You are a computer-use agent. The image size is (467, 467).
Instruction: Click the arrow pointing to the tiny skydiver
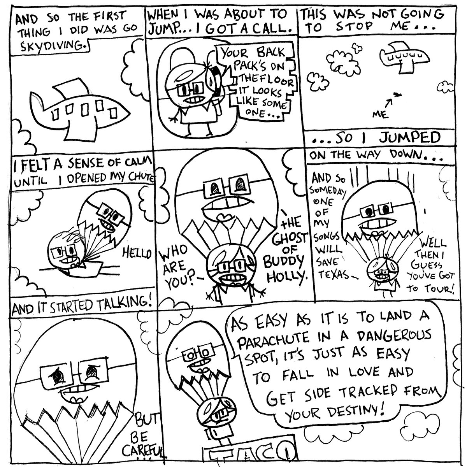388,102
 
